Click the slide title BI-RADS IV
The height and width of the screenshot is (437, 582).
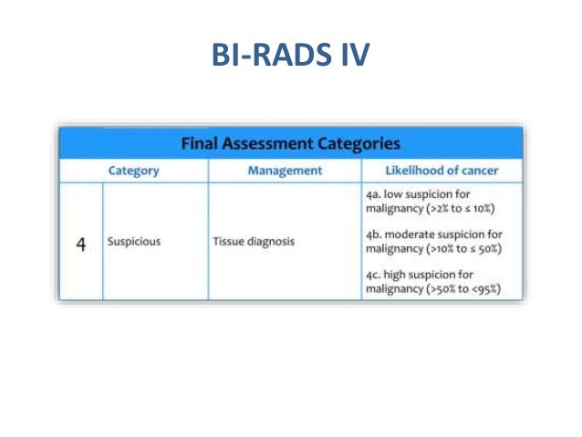click(x=290, y=56)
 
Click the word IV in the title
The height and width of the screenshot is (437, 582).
click(x=351, y=56)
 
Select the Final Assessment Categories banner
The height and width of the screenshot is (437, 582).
click(x=290, y=143)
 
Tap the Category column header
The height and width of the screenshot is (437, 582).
click(x=133, y=170)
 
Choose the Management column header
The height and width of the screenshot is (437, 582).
click(x=285, y=170)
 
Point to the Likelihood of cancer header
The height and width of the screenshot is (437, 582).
click(x=442, y=170)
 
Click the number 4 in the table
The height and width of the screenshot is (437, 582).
click(x=80, y=245)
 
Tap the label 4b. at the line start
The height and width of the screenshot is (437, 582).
click(x=372, y=234)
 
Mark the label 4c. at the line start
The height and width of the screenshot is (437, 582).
click(x=371, y=273)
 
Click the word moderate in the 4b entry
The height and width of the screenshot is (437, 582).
click(x=411, y=234)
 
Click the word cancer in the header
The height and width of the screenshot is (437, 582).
click(x=481, y=170)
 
